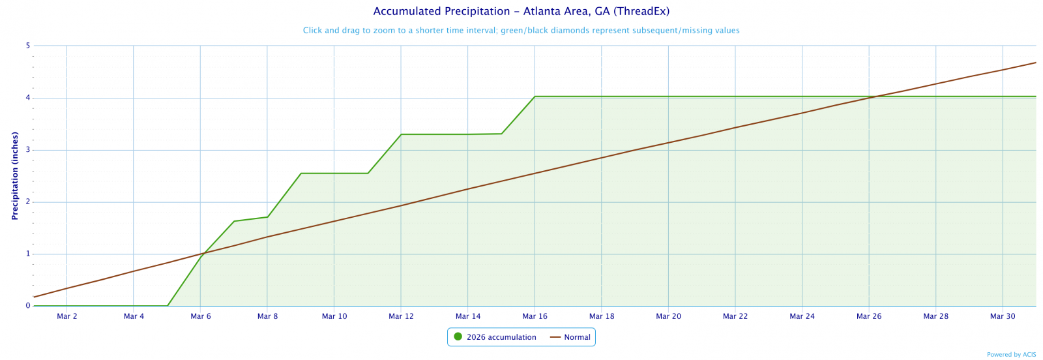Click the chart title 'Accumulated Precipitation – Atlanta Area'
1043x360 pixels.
521,12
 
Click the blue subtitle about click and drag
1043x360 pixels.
521,31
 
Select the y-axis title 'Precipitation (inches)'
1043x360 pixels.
14,175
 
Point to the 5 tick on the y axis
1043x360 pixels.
28,46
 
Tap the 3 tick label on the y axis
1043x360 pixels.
28,150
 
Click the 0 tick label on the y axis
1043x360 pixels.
28,306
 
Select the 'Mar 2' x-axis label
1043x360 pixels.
67,317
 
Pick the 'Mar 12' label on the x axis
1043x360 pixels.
401,317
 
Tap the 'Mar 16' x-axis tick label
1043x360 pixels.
535,317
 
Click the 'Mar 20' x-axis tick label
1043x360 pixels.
668,317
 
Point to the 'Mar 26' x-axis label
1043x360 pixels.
869,317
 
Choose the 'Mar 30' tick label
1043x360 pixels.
1003,317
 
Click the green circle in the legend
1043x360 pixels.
458,337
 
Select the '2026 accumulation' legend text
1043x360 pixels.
501,338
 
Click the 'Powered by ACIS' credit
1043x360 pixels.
1011,355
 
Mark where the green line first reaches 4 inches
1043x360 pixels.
535,97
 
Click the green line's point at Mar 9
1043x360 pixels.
301,173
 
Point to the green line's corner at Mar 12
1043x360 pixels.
401,134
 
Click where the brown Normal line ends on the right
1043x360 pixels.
1035,63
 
